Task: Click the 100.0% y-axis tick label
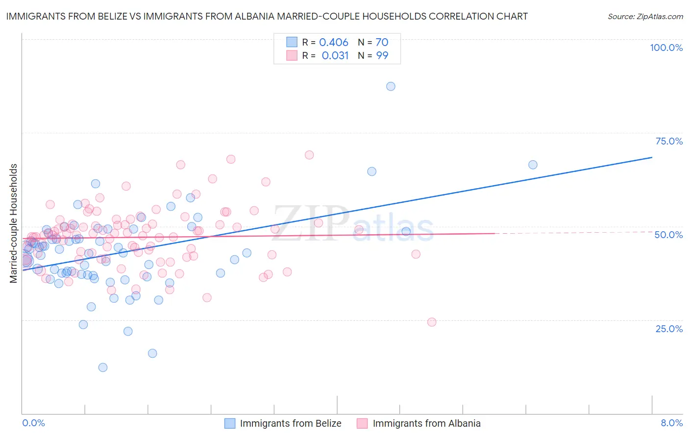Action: click(x=666, y=48)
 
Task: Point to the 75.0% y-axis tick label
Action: click(x=669, y=141)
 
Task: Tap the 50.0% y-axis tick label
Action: click(x=668, y=235)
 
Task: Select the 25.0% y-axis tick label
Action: click(x=669, y=328)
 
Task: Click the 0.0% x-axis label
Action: click(x=33, y=423)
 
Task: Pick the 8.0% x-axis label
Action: click(x=671, y=423)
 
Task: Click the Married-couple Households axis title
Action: click(x=14, y=223)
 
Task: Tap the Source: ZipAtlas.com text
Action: click(x=645, y=16)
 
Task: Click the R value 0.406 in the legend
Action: click(x=334, y=42)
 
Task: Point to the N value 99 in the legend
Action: click(x=382, y=55)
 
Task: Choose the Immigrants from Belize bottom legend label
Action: click(x=291, y=423)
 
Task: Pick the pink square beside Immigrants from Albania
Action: click(x=362, y=423)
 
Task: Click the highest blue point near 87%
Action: click(x=391, y=86)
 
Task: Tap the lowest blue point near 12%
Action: click(x=103, y=367)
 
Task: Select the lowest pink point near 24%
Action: click(x=432, y=322)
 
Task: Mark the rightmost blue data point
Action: click(x=533, y=165)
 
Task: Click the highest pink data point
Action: click(x=309, y=155)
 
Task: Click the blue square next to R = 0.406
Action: click(x=292, y=42)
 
